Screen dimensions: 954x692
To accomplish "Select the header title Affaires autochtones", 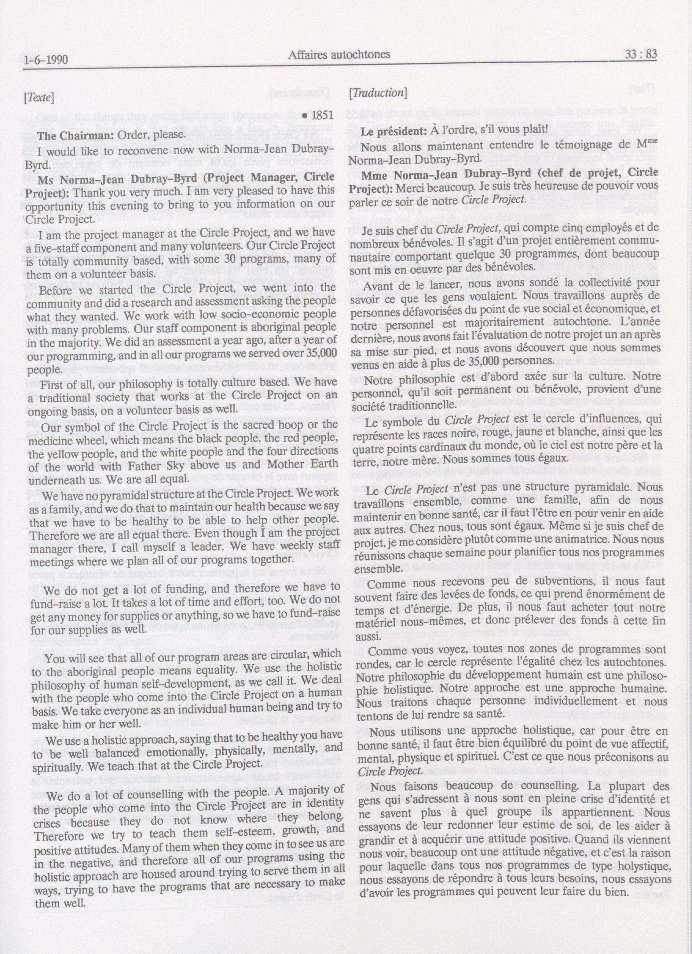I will click(x=339, y=55).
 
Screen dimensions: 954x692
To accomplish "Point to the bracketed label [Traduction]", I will click(x=378, y=93).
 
